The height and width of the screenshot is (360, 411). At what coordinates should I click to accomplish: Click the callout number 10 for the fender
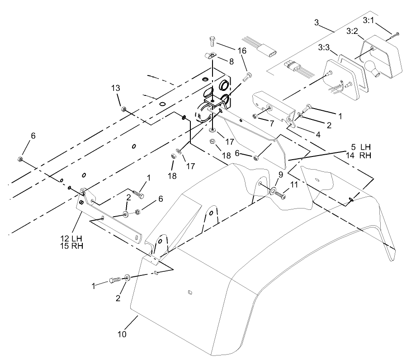point(122,334)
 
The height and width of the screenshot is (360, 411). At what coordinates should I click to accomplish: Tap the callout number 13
point(116,88)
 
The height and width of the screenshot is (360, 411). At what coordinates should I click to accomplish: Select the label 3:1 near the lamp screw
point(368,20)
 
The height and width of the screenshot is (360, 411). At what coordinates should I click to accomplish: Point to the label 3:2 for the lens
point(352,32)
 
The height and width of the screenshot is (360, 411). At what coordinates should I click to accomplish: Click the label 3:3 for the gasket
point(324,48)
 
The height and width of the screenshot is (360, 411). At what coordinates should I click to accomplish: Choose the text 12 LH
point(71,239)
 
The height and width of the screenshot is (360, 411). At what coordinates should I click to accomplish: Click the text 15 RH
point(71,246)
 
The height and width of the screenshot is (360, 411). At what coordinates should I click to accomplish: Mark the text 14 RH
point(359,155)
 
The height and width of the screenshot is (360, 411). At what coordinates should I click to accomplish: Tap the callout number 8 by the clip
point(231,62)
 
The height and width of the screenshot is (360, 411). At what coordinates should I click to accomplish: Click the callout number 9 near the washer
point(281,175)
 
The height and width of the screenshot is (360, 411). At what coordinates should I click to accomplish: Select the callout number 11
point(294,185)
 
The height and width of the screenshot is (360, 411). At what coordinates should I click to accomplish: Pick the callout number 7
point(272,123)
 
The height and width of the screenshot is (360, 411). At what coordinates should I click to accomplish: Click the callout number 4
point(318,135)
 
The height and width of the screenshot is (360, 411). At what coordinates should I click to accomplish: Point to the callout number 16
point(242,51)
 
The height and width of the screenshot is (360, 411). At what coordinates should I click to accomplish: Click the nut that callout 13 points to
point(123,109)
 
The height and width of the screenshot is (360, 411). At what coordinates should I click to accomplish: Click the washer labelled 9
point(273,190)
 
